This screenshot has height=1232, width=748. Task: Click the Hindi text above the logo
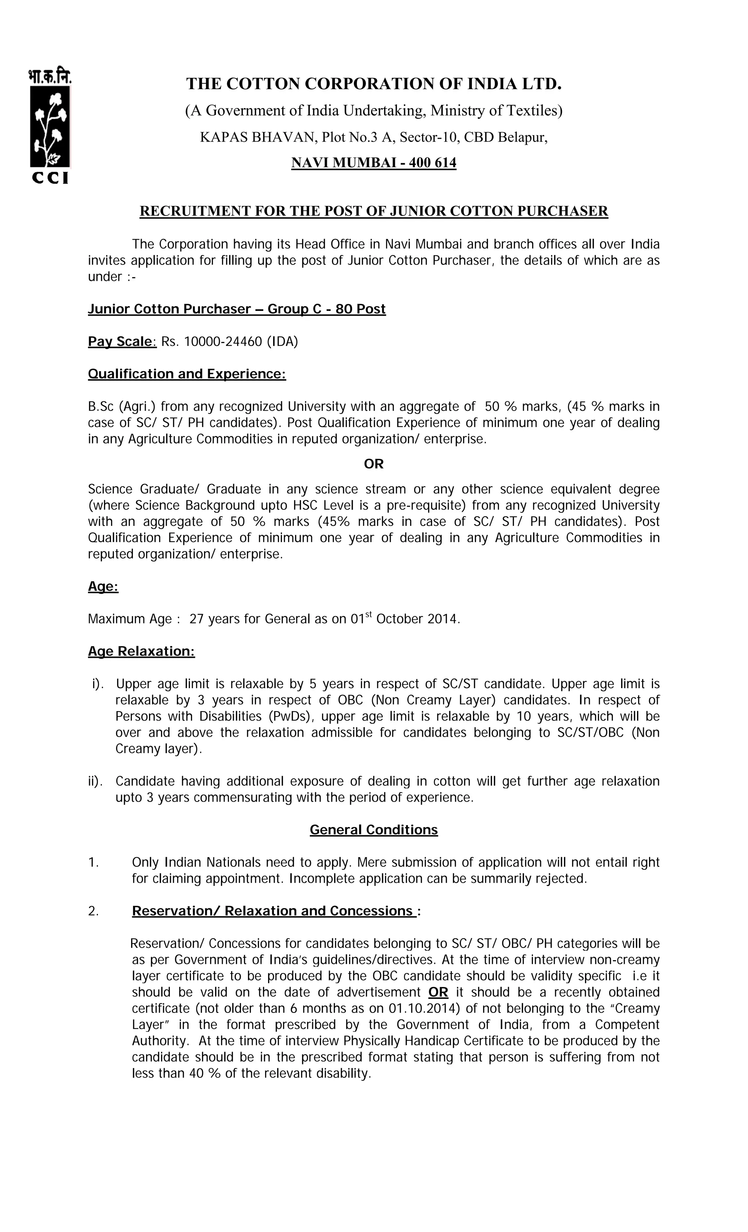point(50,76)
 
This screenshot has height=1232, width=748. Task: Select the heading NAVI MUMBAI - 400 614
point(374,163)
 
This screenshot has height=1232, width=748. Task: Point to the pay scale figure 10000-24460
point(223,342)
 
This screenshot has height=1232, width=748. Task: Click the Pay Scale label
point(122,342)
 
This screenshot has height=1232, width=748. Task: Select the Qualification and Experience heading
point(187,374)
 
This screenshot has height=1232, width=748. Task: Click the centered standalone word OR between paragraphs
point(374,464)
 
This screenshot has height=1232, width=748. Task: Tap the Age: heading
point(103,587)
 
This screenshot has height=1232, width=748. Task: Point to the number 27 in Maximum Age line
point(196,619)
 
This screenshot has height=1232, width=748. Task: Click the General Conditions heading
point(374,830)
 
